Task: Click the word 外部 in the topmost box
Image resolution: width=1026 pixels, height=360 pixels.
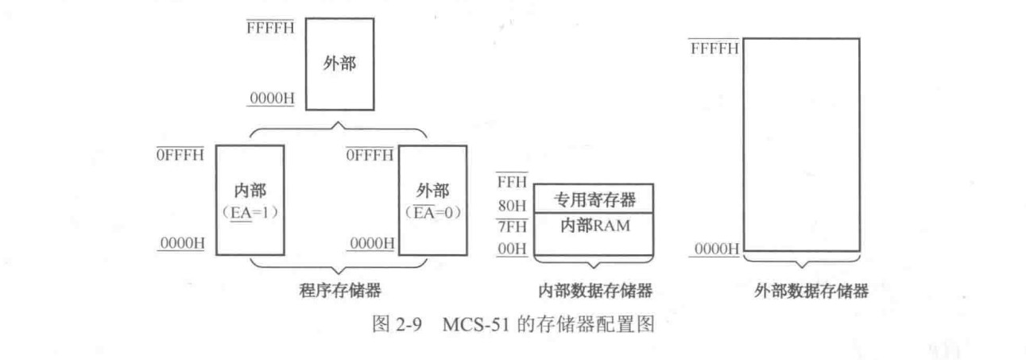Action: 339,64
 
